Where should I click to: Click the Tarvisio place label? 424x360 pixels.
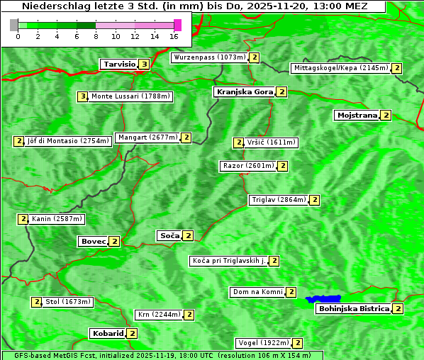coord(118,64)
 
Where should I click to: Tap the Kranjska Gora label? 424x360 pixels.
coord(244,92)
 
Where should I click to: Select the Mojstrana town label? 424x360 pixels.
coord(357,115)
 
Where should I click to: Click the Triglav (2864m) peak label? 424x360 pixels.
coord(279,200)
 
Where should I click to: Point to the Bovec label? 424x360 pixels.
coord(93,242)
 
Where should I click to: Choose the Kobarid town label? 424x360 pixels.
coord(107,333)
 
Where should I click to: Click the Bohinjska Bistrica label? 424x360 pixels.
coord(354,309)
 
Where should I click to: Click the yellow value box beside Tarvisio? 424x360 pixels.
coord(144,64)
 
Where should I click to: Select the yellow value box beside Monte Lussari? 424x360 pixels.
coord(83,96)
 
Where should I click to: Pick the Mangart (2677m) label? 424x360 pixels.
coord(147,137)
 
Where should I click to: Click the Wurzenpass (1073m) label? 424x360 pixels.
coord(209,57)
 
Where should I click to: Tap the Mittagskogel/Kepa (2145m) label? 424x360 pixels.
coord(340,68)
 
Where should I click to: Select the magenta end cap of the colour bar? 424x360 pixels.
coord(177,25)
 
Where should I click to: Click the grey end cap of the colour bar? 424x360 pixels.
coord(14,25)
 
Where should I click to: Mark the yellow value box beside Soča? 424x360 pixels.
coord(188,235)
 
